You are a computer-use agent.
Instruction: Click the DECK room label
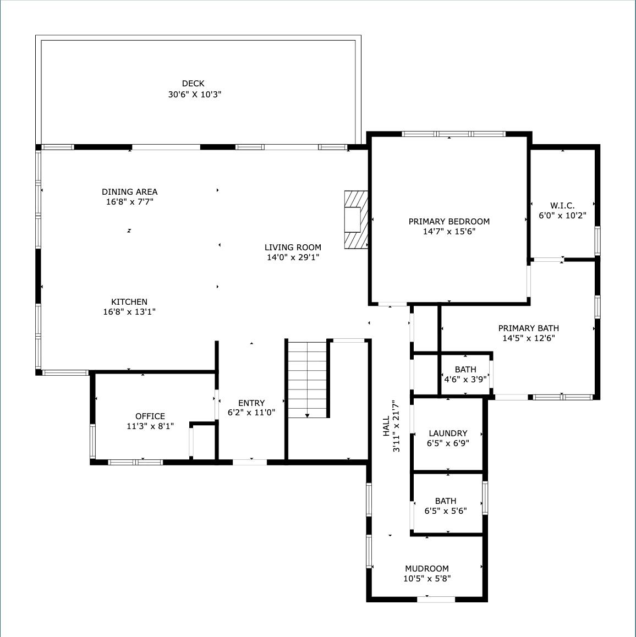(193, 84)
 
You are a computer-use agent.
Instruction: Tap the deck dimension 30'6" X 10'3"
(195, 95)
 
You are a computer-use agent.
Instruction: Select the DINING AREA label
(130, 192)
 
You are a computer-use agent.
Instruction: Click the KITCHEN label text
(129, 302)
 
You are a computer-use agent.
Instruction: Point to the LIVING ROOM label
(293, 248)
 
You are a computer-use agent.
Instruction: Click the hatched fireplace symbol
(355, 220)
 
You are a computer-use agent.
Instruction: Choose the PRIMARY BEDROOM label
(449, 222)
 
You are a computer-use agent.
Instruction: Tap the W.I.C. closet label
(562, 206)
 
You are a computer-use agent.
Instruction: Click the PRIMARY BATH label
(529, 328)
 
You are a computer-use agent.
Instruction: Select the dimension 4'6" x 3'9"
(465, 379)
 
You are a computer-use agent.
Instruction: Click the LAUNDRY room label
(448, 433)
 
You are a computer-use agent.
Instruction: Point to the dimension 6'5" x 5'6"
(446, 510)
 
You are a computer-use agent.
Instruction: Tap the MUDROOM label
(427, 569)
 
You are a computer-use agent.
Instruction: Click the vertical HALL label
(386, 426)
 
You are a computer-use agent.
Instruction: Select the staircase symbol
(308, 378)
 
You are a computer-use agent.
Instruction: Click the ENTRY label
(251, 403)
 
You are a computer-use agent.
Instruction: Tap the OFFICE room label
(150, 416)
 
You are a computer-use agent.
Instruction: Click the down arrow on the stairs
(307, 415)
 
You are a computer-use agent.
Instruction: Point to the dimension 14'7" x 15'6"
(449, 232)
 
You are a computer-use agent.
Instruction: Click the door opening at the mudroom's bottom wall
(436, 599)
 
